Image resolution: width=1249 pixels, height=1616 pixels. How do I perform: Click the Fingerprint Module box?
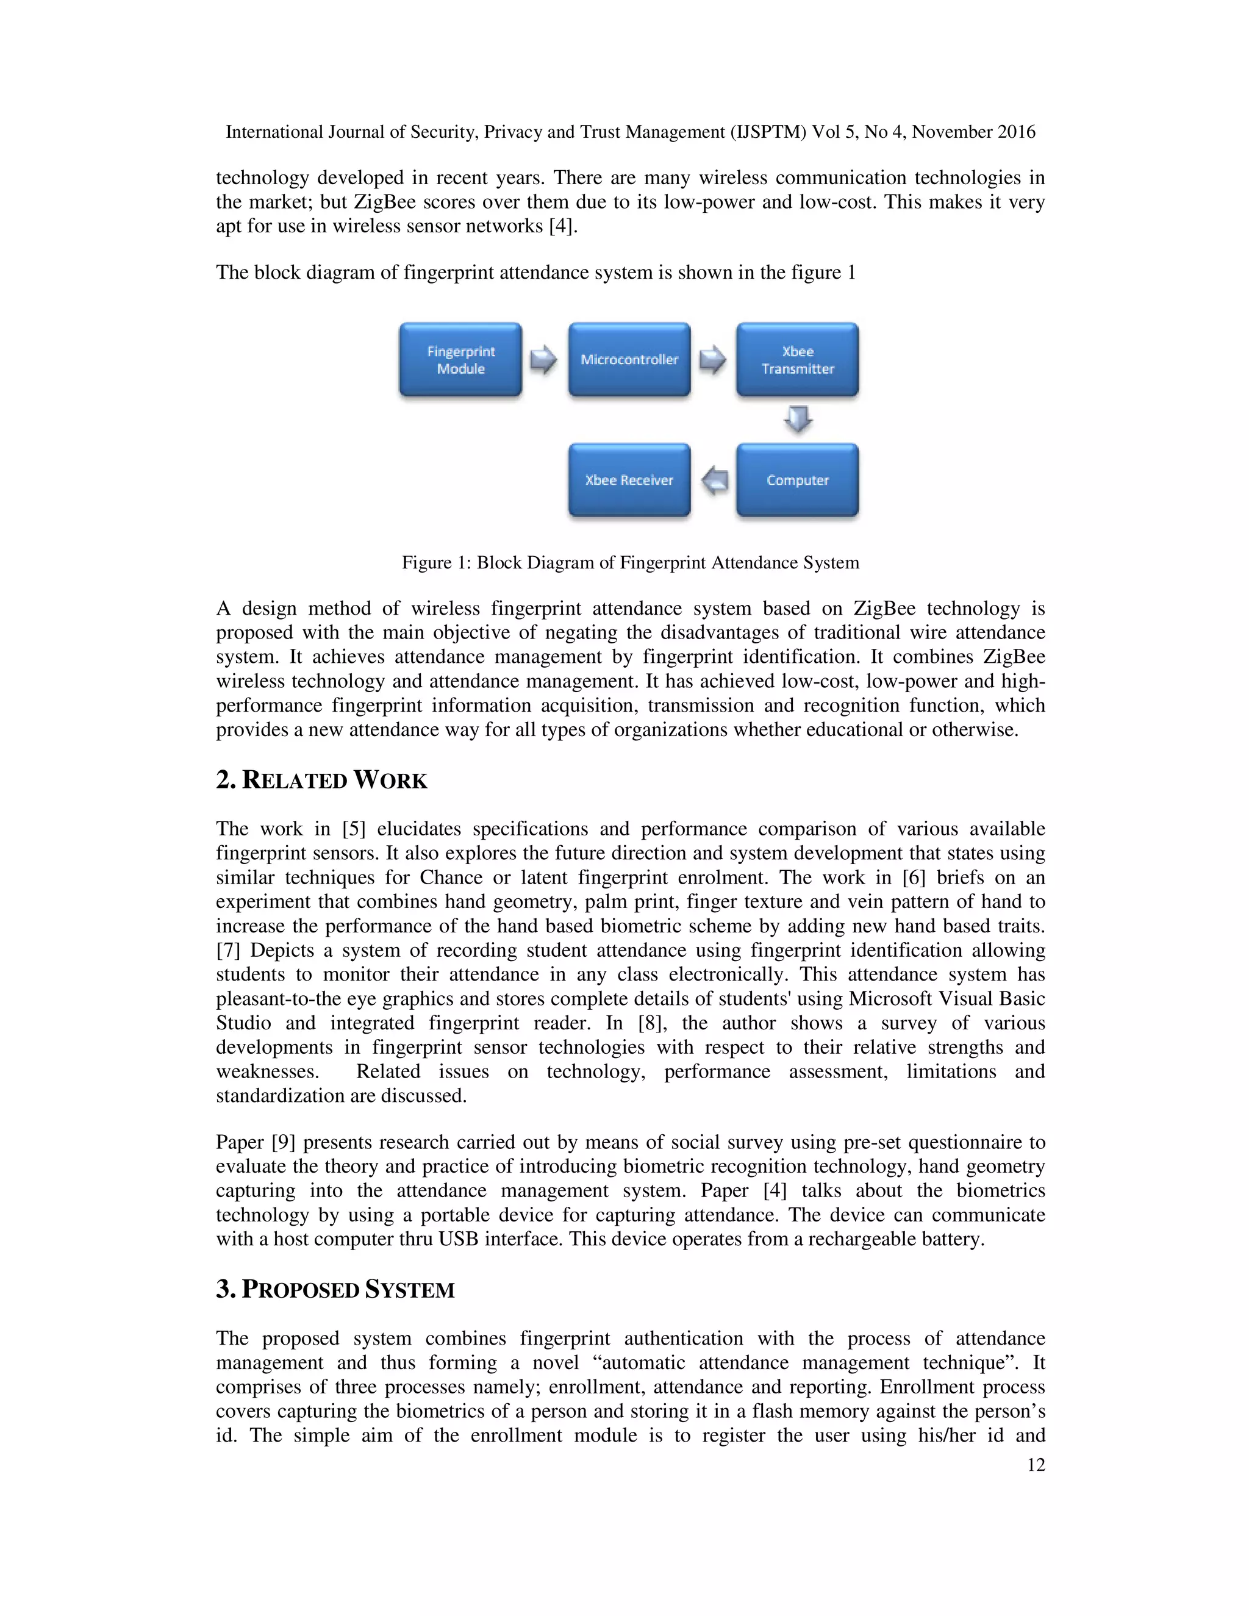tap(460, 360)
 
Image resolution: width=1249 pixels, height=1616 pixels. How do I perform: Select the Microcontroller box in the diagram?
tap(629, 360)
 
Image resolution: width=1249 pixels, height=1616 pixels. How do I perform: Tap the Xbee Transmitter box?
tap(797, 360)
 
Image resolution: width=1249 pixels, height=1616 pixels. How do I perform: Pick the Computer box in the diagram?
tap(797, 479)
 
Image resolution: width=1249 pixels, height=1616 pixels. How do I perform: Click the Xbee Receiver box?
tap(629, 479)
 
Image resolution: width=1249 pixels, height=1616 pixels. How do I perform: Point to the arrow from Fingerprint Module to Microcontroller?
tap(544, 360)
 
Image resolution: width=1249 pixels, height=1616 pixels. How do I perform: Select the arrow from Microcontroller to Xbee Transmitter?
tap(712, 360)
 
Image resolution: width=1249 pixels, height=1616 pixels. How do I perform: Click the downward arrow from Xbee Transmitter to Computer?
tap(798, 419)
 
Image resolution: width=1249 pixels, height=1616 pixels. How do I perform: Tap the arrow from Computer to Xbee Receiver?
tap(714, 480)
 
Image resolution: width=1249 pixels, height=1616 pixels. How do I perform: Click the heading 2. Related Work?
tap(321, 780)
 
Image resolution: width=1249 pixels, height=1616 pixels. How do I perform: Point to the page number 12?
tap(1036, 1464)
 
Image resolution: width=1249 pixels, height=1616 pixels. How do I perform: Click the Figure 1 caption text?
tap(631, 562)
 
